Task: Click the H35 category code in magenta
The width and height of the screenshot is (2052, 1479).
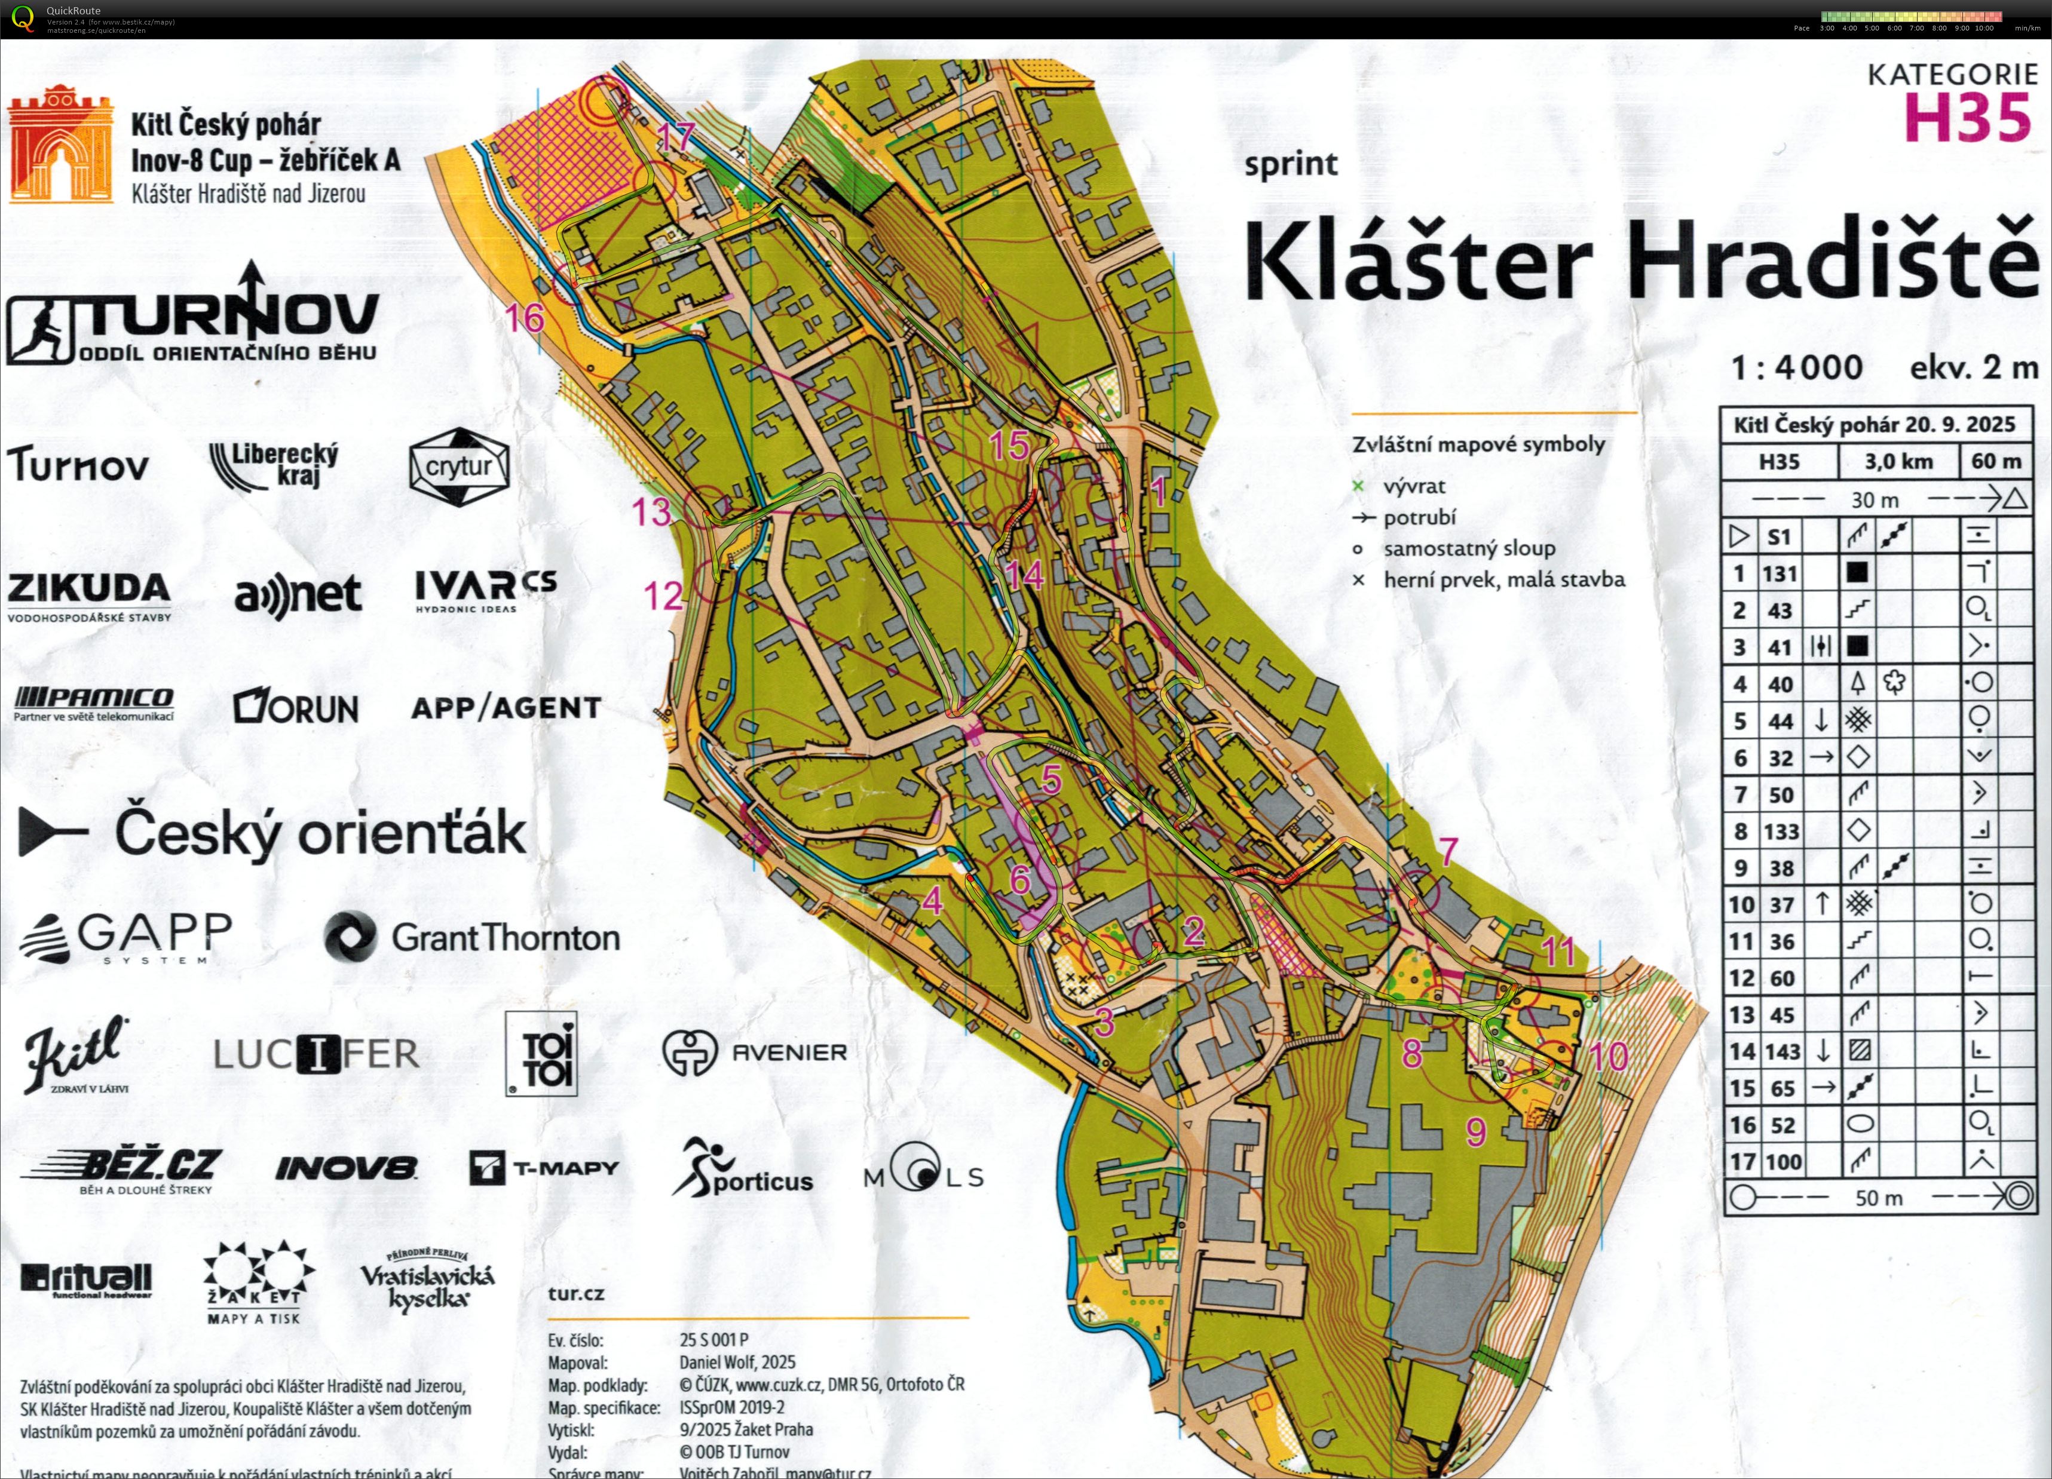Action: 1967,118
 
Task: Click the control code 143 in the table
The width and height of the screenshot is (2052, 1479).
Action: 1781,1051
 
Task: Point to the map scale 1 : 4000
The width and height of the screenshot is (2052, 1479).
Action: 1796,368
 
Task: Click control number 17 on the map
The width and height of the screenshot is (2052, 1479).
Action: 675,137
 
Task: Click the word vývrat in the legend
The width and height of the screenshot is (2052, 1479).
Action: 1415,486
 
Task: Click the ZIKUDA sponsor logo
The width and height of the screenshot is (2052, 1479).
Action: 88,595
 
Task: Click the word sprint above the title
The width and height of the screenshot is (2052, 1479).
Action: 1291,165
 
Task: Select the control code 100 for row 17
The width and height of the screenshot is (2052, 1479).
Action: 1783,1161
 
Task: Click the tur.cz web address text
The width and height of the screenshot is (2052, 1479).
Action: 575,1294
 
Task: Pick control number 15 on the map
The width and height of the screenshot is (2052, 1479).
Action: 1009,444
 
